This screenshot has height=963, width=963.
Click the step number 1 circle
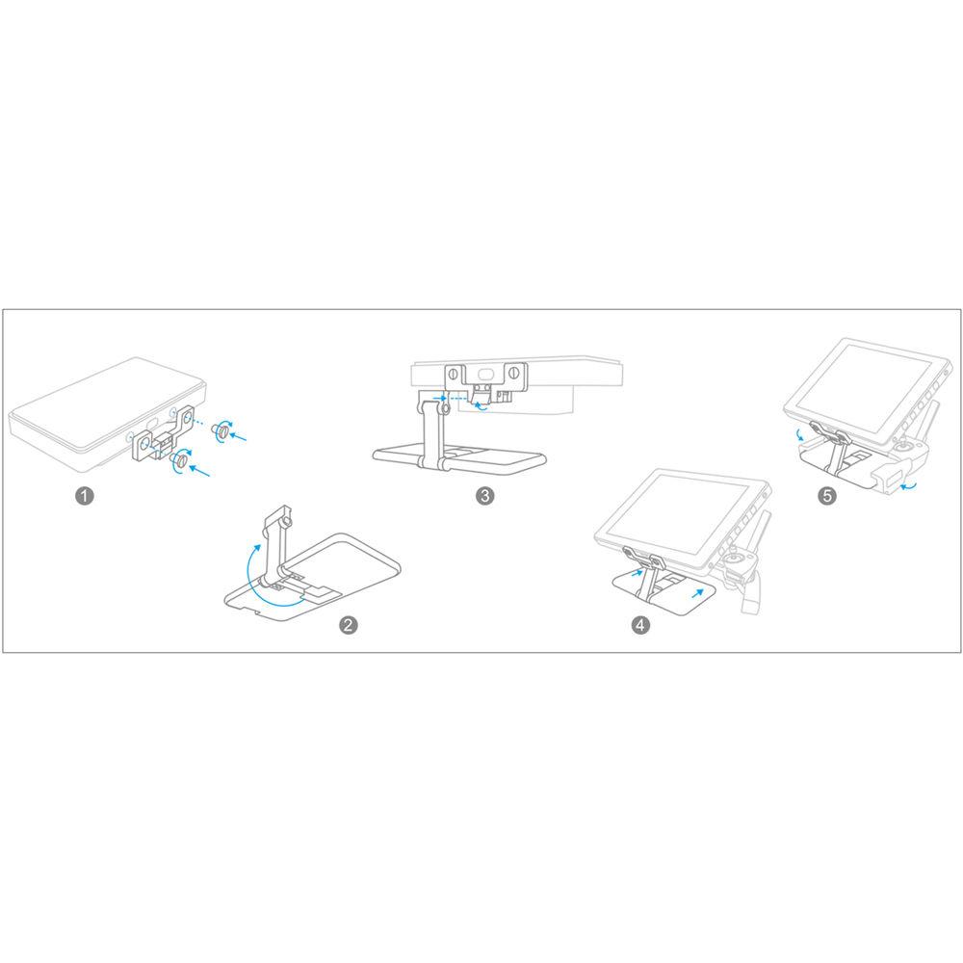click(x=86, y=496)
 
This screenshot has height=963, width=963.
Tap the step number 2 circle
click(x=350, y=625)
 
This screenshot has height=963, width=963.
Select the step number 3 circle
click(x=486, y=496)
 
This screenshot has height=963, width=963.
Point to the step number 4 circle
click(x=640, y=625)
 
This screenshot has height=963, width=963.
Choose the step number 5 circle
click(x=826, y=496)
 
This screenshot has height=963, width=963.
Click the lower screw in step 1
click(x=180, y=463)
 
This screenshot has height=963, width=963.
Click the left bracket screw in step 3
click(x=451, y=372)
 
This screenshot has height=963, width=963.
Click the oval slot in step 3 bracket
click(x=482, y=372)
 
